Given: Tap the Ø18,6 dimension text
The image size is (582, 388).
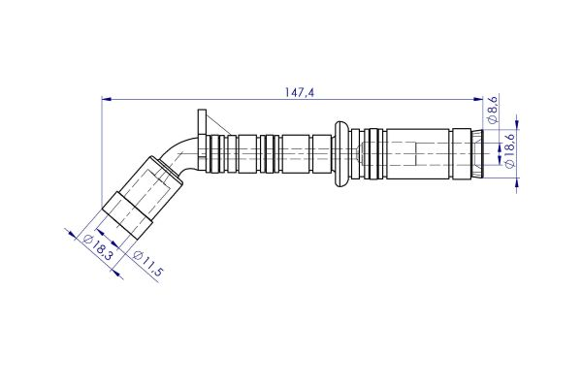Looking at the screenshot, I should pos(510,151).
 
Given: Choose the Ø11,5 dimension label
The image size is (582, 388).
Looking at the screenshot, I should pos(146,264).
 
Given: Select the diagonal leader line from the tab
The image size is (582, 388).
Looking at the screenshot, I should pos(217,124).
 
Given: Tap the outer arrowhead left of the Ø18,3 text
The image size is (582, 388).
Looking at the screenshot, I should pos(70,233).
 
